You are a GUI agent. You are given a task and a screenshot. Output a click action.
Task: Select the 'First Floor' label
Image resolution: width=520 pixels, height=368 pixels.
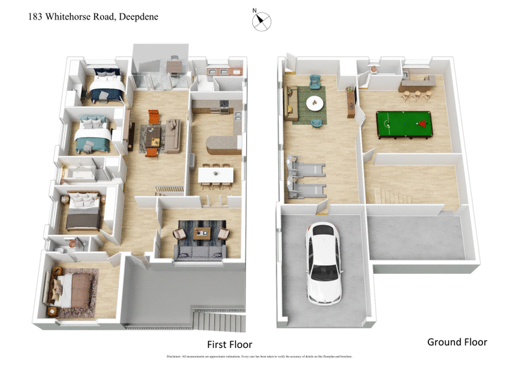(x=229, y=344)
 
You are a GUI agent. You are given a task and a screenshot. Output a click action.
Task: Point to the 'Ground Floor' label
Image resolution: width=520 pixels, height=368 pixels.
(x=457, y=341)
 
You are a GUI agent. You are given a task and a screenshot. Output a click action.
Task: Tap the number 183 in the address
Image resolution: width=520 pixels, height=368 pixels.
(x=36, y=17)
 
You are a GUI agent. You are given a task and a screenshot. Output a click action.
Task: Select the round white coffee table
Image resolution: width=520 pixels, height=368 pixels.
(x=315, y=102)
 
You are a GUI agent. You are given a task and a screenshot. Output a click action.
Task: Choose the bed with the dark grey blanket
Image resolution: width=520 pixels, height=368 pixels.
(x=83, y=211)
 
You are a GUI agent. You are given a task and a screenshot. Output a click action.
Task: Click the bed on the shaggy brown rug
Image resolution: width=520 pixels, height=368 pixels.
(x=73, y=288)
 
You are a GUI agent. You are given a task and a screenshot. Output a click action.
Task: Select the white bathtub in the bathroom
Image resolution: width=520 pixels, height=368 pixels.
(x=78, y=173)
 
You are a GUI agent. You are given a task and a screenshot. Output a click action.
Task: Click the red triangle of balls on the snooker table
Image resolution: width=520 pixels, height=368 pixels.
(x=423, y=122)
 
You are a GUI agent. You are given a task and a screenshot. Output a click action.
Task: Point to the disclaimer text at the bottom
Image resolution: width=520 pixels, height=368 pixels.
(x=260, y=357)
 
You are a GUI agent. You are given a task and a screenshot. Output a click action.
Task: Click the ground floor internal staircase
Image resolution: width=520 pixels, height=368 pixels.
(x=396, y=193)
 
